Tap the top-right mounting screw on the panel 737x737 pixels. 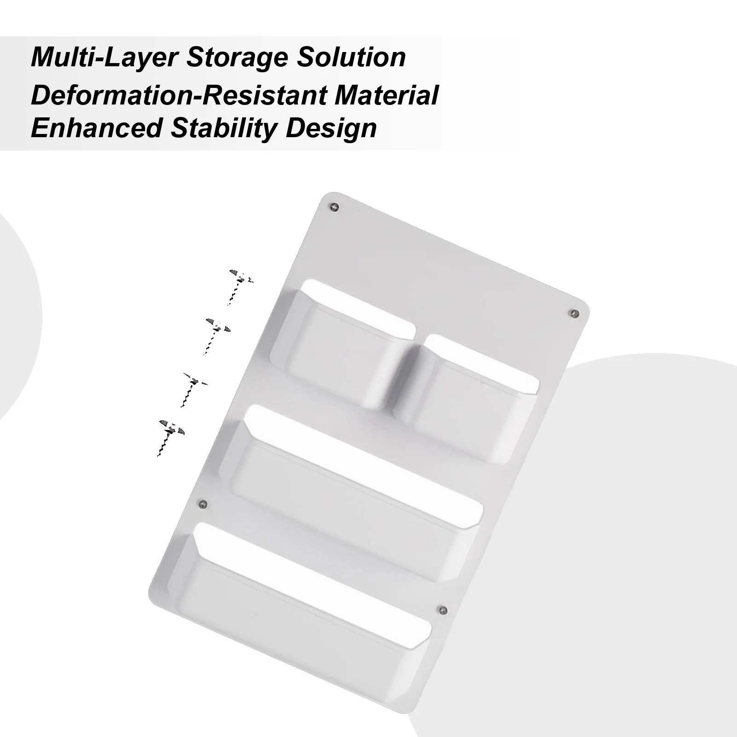click(574, 313)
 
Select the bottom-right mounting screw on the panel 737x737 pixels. click(443, 610)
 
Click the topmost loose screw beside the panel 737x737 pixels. click(241, 285)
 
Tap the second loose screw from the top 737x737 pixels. click(217, 334)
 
